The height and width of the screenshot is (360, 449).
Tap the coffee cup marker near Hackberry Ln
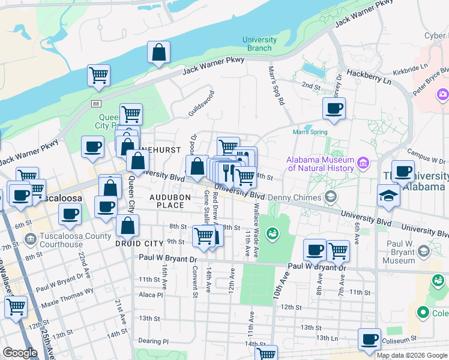(x=334, y=109)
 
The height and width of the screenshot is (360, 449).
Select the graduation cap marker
(x=388, y=196)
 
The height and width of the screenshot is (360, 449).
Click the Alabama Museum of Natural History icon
(x=363, y=163)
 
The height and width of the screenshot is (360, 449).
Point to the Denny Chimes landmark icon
(x=330, y=197)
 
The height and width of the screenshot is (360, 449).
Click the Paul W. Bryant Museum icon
(x=424, y=251)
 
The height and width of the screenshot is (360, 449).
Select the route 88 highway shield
(x=96, y=104)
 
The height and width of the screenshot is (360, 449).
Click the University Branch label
(x=259, y=44)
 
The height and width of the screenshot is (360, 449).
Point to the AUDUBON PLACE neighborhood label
(x=170, y=201)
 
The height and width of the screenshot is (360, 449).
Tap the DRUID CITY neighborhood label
(x=139, y=244)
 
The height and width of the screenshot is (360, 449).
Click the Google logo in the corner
(x=20, y=353)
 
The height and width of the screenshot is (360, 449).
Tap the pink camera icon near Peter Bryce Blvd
(x=443, y=94)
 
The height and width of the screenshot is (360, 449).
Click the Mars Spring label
(x=310, y=132)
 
